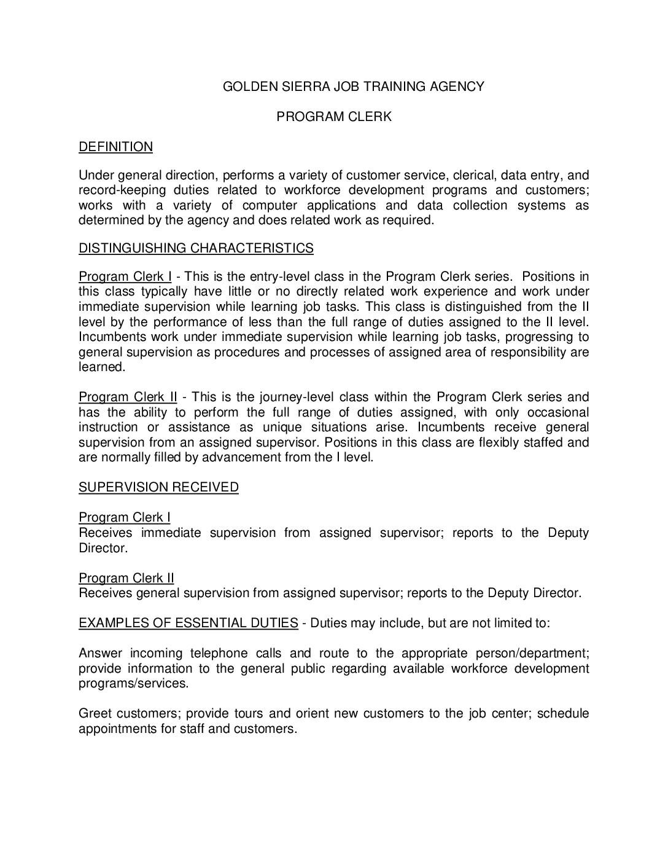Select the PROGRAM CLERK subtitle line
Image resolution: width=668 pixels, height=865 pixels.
coord(333,117)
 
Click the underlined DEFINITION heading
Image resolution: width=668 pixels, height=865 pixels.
coord(115,147)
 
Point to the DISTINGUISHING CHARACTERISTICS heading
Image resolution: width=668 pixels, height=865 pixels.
coord(196,248)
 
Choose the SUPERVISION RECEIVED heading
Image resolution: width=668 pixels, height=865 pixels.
coord(158,487)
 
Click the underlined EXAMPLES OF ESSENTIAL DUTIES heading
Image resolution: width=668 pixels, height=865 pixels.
coord(188,623)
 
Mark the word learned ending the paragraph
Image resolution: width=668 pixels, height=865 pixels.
coord(101,367)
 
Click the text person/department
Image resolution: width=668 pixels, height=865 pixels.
coord(532,653)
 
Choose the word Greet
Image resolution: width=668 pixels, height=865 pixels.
coord(95,713)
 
